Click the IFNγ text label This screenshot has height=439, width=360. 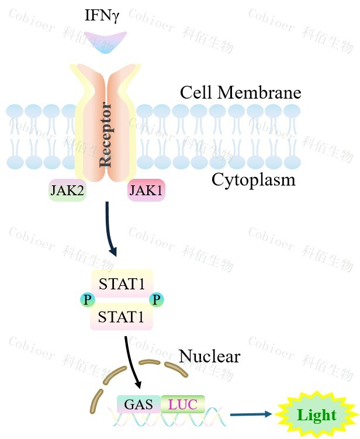[x=102, y=16]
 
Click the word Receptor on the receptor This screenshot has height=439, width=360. [x=106, y=134]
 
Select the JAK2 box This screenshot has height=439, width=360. [x=67, y=191]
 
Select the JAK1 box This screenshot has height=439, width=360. [x=146, y=191]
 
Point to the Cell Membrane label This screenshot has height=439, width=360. [x=240, y=92]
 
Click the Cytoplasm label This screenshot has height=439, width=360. [x=253, y=179]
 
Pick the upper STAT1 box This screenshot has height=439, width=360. [x=122, y=284]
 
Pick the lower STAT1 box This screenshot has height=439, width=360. [x=122, y=317]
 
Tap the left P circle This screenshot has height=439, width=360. [x=87, y=300]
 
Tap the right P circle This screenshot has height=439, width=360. [x=156, y=300]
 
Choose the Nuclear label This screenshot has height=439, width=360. [x=209, y=356]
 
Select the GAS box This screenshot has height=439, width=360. [x=139, y=403]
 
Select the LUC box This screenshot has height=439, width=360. [x=182, y=403]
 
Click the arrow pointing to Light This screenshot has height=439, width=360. [x=251, y=414]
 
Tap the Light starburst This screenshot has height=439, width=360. [x=316, y=416]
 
